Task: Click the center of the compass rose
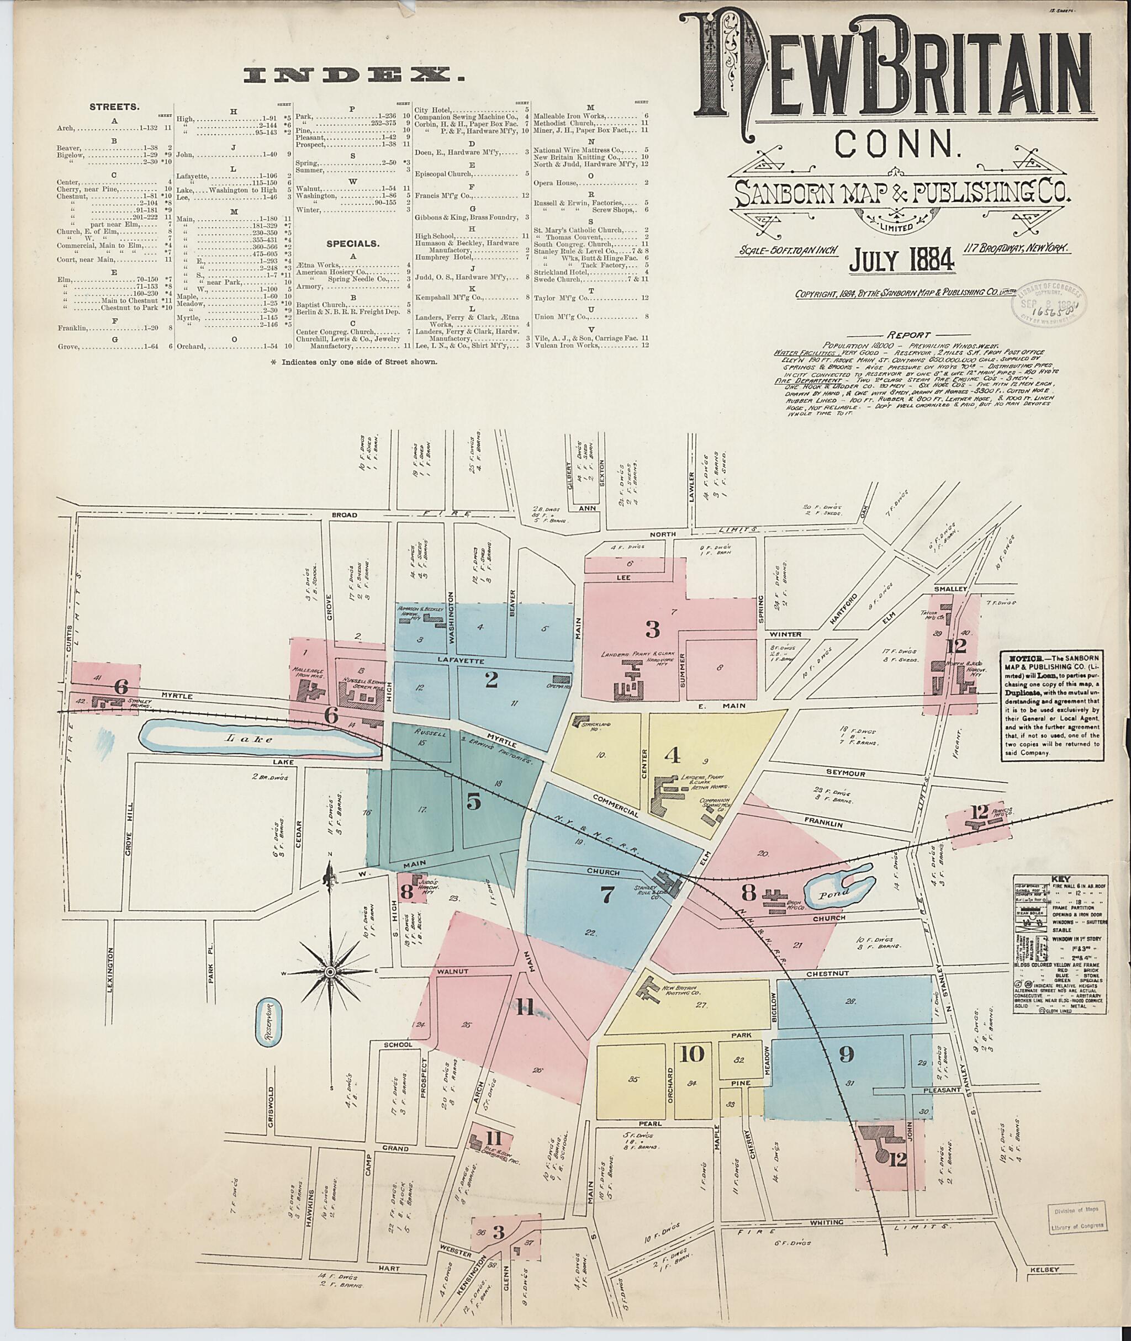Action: pos(330,972)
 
